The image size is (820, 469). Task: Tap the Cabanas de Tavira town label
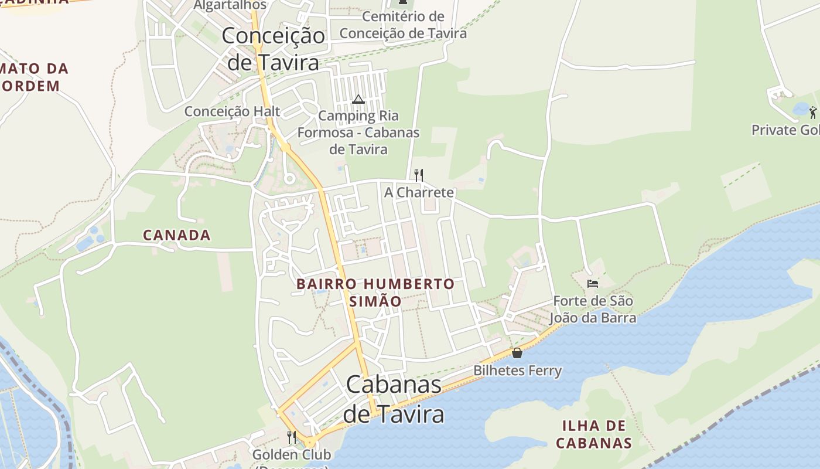coord(394,399)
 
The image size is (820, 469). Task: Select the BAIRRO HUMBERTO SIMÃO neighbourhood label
coord(375,292)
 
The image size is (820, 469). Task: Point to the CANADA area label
coord(176,235)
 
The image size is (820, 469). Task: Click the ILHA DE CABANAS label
coord(594,434)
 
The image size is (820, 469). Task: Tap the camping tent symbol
coord(358,99)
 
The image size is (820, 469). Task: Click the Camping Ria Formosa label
coord(358,132)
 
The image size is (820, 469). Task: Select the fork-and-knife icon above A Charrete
coord(419,175)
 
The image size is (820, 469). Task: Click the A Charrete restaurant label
coord(419,192)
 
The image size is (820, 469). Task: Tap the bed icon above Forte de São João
coord(593,284)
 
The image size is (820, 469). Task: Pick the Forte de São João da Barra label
coord(593,310)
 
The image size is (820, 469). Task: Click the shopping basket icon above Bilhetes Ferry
coord(517,353)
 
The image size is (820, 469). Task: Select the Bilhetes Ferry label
coord(517,371)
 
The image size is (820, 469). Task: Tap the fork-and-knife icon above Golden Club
coord(292,437)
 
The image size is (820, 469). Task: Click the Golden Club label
coord(292,454)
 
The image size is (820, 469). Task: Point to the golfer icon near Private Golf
coord(812,112)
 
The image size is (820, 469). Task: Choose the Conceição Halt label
coord(232,111)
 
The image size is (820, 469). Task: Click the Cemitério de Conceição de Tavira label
coord(403,25)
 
